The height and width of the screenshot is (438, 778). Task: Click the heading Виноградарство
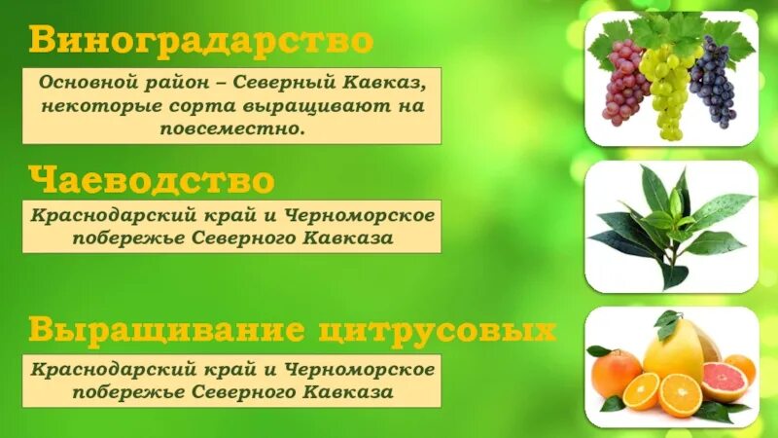pyautogui.click(x=200, y=41)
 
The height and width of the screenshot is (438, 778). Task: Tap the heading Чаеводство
pyautogui.click(x=152, y=180)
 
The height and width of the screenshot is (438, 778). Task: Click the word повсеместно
pyautogui.click(x=233, y=128)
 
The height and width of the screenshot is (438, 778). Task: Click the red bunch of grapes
pyautogui.click(x=623, y=83)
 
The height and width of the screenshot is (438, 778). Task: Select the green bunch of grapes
pyautogui.click(x=666, y=88)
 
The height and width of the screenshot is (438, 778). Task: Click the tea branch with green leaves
pyautogui.click(x=671, y=219)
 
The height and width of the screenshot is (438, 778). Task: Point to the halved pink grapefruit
pyautogui.click(x=724, y=381)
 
